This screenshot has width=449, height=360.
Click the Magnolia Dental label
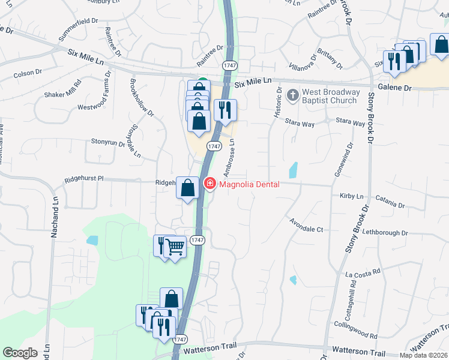click(x=249, y=184)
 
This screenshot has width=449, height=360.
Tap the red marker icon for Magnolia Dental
click(x=210, y=184)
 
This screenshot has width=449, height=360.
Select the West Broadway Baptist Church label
click(x=331, y=96)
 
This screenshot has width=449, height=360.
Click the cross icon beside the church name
click(x=293, y=95)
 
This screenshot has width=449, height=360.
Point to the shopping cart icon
click(x=175, y=246)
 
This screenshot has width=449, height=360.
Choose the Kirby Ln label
click(x=352, y=196)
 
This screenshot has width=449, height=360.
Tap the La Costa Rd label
click(x=363, y=273)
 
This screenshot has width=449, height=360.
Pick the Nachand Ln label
click(x=54, y=214)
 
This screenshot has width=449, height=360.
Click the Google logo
click(x=20, y=353)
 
